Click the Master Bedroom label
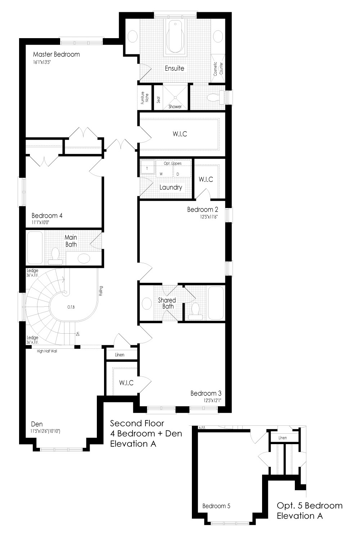click(57, 54)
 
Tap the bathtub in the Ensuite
click(175, 37)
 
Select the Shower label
click(175, 107)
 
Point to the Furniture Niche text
click(145, 98)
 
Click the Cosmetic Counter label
click(218, 69)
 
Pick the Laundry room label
click(171, 187)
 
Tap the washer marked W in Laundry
click(161, 174)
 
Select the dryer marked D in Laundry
click(178, 174)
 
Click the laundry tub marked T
click(147, 168)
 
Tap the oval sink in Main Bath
click(84, 258)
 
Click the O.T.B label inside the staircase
click(71, 307)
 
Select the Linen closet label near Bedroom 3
click(120, 355)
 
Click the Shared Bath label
click(167, 303)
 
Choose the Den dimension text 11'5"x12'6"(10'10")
click(45, 431)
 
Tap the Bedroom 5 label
click(216, 506)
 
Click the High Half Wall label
click(47, 351)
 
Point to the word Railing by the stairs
click(101, 291)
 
